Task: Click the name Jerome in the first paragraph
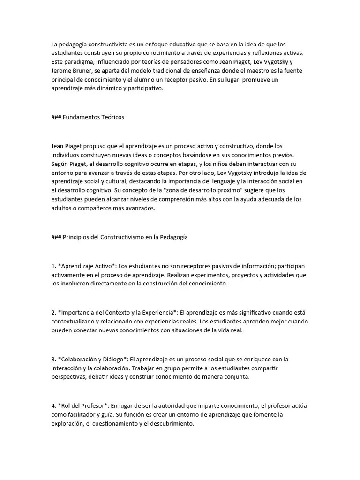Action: point(62,70)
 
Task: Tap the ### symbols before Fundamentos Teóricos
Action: point(56,117)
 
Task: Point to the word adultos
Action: point(62,208)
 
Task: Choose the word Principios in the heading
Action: point(77,237)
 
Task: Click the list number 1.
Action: point(53,266)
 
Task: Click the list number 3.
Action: point(53,359)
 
